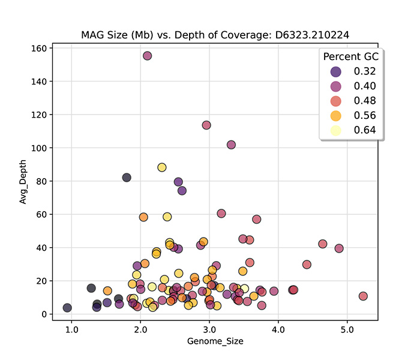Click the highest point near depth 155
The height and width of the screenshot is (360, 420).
147,56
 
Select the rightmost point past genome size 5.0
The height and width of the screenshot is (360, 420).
363,296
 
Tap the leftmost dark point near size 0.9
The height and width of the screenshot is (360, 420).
67,308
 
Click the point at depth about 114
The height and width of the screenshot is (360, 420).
206,125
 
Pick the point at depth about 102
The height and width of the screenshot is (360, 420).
231,145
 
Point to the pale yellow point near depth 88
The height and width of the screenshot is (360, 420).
162,167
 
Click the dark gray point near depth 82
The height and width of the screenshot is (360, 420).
127,178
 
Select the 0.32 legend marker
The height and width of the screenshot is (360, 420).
335,72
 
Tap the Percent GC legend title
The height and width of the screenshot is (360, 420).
351,57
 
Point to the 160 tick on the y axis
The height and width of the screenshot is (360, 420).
40,48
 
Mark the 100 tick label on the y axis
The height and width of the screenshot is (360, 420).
40,148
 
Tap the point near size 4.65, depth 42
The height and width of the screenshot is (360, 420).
323,244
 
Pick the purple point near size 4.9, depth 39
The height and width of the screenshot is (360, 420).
339,248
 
